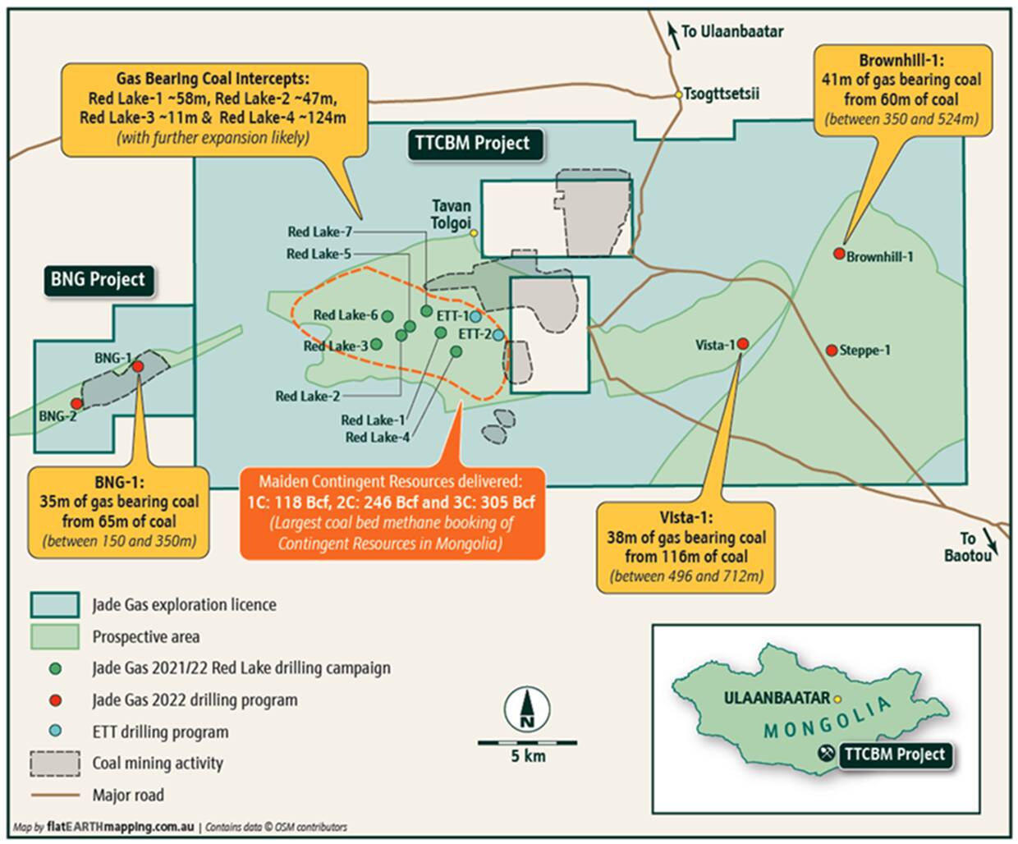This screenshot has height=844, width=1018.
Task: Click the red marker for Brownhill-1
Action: click(x=839, y=254)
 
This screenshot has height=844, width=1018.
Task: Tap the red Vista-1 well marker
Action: click(x=742, y=344)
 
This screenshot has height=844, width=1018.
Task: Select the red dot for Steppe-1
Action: click(x=832, y=350)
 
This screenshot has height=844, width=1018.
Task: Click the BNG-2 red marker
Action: click(x=76, y=403)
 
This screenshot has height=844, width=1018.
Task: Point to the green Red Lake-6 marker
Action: click(x=387, y=316)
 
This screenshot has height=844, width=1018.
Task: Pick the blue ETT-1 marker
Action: click(x=475, y=316)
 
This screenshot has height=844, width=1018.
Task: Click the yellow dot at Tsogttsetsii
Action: click(x=678, y=94)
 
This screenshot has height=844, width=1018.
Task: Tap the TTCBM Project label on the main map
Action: click(x=471, y=143)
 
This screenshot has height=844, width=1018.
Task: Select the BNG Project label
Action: click(x=98, y=279)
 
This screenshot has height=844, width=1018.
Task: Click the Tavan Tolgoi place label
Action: click(x=451, y=214)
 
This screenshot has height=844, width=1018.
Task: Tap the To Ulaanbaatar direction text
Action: click(x=731, y=31)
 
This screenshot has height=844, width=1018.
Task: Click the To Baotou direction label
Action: click(x=967, y=547)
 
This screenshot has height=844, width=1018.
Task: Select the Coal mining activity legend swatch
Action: click(x=54, y=764)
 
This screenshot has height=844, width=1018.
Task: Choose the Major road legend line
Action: click(x=54, y=795)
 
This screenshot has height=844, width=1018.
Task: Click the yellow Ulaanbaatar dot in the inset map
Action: click(x=837, y=700)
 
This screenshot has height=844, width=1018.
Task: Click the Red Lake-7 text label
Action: click(x=319, y=232)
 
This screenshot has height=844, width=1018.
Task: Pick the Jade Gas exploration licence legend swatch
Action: click(x=54, y=605)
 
